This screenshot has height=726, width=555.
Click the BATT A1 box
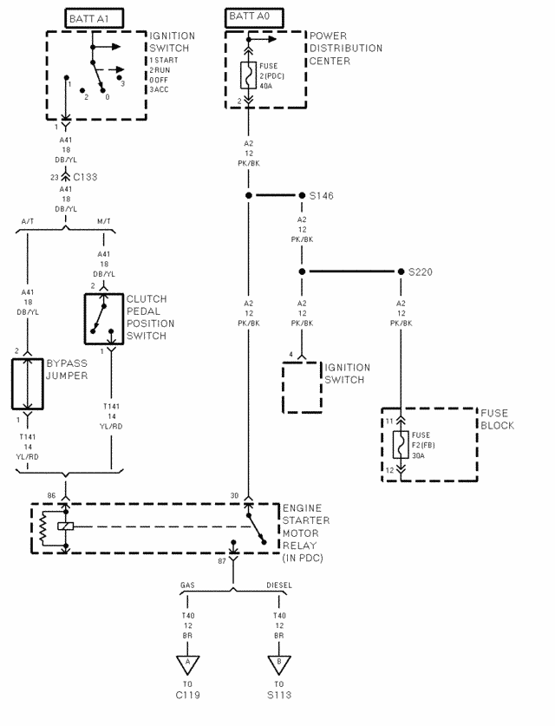click(94, 18)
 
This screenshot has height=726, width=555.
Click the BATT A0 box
click(254, 17)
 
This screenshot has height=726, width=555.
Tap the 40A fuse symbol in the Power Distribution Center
click(248, 75)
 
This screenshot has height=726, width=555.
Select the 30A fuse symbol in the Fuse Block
click(401, 444)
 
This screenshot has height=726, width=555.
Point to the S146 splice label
click(321, 196)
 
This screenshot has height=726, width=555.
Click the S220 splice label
click(421, 271)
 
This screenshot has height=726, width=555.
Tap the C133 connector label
click(85, 177)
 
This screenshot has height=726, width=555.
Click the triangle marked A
click(187, 664)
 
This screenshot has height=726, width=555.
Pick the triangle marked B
click(279, 664)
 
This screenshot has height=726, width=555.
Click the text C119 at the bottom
click(187, 695)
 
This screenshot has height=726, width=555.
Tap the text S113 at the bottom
click(279, 695)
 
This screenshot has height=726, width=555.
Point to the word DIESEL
click(279, 585)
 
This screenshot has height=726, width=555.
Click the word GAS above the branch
click(187, 585)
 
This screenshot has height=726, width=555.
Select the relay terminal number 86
click(51, 495)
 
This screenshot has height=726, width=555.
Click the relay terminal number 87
click(222, 561)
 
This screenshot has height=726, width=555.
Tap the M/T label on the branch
click(104, 221)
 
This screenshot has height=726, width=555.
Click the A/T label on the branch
click(28, 221)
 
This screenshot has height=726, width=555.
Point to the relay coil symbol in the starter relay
click(43, 528)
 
